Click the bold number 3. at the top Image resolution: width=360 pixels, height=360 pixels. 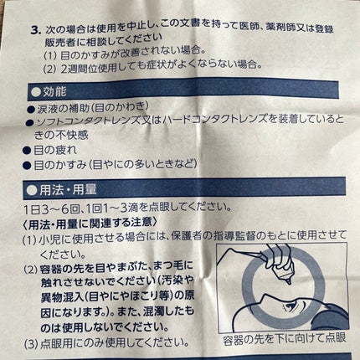(36, 30)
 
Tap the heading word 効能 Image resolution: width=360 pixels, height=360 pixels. (54, 92)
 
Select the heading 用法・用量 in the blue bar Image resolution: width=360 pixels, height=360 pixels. (68, 189)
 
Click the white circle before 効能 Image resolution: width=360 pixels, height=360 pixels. (36, 92)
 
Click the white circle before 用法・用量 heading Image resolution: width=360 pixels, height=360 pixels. (32, 190)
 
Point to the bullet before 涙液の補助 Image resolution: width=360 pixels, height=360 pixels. (31, 109)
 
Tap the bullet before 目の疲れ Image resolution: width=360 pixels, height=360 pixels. (27, 151)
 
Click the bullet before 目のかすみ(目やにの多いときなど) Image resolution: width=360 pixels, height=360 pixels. (27, 166)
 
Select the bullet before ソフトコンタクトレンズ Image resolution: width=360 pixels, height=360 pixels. (30, 122)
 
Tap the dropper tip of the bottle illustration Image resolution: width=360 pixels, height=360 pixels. (289, 282)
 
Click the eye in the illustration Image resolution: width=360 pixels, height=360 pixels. (291, 306)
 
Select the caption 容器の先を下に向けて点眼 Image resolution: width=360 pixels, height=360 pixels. (284, 338)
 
